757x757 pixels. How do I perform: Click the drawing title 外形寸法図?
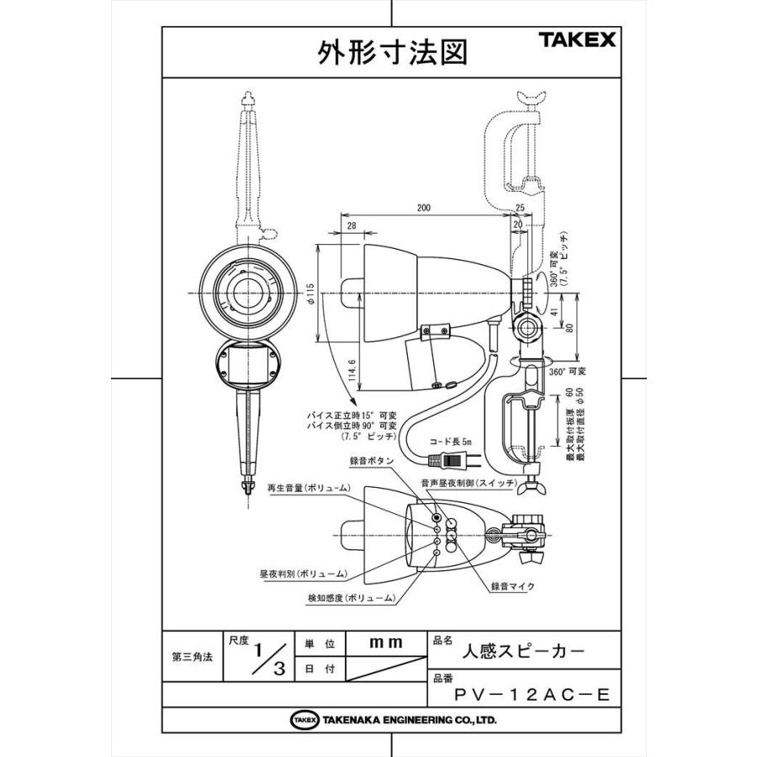pos(391,53)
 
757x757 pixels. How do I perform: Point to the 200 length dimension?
pos(424,205)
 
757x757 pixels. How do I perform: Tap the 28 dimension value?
pos(351,225)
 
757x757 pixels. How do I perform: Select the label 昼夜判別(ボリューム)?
pos(303,574)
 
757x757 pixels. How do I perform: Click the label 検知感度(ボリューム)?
pos(351,597)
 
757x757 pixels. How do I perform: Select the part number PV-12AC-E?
pos(530,694)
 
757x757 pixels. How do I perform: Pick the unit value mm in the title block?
pos(386,642)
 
